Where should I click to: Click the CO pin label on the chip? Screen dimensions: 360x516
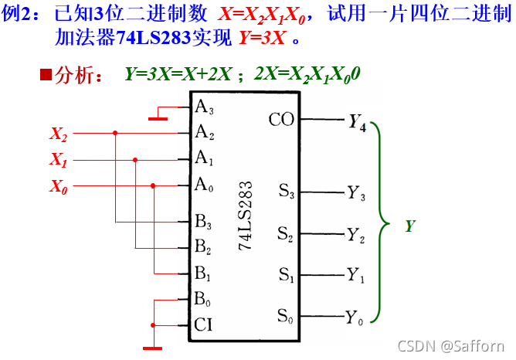click(280, 120)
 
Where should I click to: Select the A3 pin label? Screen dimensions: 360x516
click(205, 107)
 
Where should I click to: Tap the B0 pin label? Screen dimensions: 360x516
click(203, 299)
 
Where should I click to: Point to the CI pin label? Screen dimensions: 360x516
click(203, 324)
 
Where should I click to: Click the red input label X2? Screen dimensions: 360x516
click(59, 134)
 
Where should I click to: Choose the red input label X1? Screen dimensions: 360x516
click(59, 160)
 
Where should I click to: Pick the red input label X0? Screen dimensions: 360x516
click(59, 186)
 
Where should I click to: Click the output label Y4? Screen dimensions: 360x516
click(358, 122)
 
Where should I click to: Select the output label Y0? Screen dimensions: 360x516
click(355, 317)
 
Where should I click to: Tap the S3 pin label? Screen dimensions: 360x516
click(286, 192)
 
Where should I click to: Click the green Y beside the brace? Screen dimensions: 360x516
click(410, 226)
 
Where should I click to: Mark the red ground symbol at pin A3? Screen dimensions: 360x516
click(159, 119)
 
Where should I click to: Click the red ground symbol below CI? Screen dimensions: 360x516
click(153, 348)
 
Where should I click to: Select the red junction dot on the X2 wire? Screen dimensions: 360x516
click(115, 133)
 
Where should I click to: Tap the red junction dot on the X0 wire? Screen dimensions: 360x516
click(153, 185)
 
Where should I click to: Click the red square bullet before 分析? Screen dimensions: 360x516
click(46, 75)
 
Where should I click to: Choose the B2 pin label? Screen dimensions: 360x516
click(203, 248)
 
